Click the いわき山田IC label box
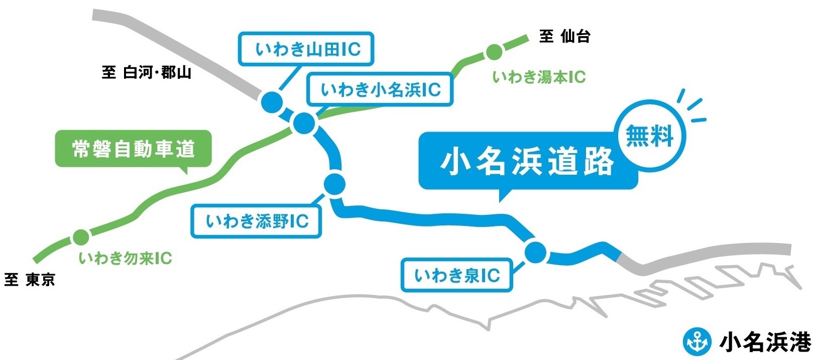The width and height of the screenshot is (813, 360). [306, 49]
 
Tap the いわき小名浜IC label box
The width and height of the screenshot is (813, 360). [380, 89]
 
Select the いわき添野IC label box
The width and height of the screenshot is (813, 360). [256, 221]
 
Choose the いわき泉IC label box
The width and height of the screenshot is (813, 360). [457, 275]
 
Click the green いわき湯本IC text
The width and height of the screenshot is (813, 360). [539, 77]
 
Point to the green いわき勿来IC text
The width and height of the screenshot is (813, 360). [126, 259]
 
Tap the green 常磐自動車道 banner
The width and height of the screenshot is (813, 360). [133, 149]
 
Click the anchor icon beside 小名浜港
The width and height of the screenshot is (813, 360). [697, 341]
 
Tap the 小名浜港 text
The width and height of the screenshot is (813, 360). [765, 342]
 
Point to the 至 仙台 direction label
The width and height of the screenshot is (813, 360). [564, 36]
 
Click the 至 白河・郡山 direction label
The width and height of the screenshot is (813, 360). [147, 73]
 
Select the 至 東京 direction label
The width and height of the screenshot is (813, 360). [30, 280]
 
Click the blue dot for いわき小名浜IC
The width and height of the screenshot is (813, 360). [303, 123]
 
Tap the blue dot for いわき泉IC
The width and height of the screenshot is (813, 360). [536, 253]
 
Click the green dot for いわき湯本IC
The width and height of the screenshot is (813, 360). [494, 51]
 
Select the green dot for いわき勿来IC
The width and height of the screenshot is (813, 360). [80, 236]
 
